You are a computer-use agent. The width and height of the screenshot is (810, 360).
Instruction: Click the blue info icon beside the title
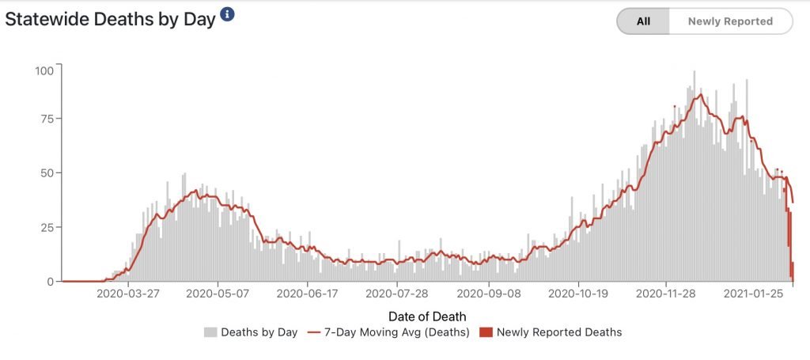click(227, 14)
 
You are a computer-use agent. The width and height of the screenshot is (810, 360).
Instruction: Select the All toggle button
click(643, 21)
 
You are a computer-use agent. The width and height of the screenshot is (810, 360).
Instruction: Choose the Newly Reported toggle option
click(729, 21)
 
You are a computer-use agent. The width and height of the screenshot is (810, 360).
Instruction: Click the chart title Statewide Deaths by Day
click(110, 20)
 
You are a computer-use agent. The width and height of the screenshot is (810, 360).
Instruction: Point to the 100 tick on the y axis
click(44, 70)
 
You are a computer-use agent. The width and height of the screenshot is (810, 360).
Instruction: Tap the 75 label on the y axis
click(47, 119)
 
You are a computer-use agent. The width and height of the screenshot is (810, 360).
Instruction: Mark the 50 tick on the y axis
click(47, 172)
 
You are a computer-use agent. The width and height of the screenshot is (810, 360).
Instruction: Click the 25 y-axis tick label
click(47, 227)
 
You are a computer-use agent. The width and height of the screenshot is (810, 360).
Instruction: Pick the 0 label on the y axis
click(50, 281)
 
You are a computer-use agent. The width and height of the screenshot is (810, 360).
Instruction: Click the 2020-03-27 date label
click(128, 294)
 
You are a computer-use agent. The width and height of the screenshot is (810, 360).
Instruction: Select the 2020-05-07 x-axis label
click(218, 294)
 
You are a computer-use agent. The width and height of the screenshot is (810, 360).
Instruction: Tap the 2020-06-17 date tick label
click(307, 294)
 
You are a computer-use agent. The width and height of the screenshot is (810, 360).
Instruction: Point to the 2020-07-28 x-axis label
click(397, 294)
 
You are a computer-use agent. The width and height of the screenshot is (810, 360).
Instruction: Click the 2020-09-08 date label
click(488, 294)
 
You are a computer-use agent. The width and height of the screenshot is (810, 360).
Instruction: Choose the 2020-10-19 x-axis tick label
click(578, 294)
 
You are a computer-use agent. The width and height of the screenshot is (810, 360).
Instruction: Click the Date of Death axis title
click(427, 316)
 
